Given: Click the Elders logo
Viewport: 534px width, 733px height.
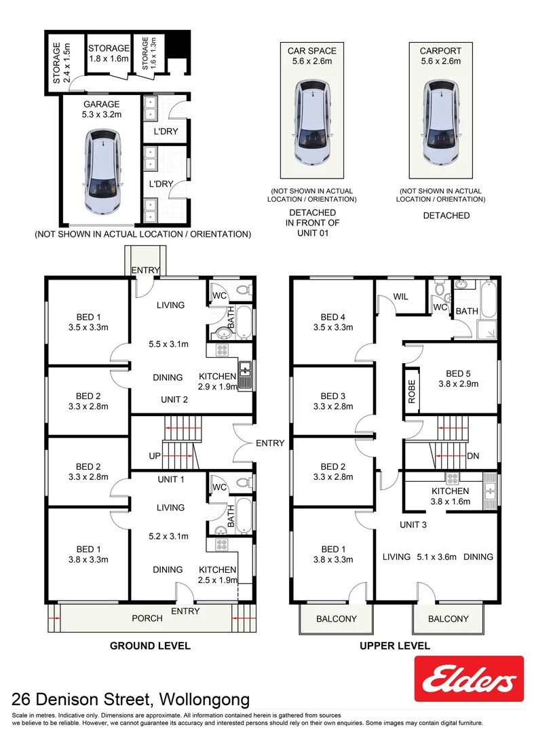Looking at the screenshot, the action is tap(469, 678).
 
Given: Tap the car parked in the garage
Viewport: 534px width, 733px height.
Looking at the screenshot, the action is tap(102, 172).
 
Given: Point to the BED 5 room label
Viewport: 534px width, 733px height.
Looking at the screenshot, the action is tap(458, 373).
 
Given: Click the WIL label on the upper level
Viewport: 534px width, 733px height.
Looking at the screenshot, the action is tap(400, 297).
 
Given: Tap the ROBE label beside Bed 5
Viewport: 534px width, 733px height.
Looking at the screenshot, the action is tap(412, 392).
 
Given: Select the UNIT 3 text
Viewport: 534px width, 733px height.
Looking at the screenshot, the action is tap(413, 525).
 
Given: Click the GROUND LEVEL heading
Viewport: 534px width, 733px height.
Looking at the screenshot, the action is tap(150, 645).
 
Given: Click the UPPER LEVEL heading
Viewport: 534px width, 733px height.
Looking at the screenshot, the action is tap(395, 645).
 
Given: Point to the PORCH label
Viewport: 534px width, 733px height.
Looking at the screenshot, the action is tap(147, 618).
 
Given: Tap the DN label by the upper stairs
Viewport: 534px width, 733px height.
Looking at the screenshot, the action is tap(473, 456).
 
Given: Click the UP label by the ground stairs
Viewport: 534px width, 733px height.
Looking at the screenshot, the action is tap(155, 456).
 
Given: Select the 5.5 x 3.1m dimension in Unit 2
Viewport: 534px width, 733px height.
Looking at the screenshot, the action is tap(169, 344).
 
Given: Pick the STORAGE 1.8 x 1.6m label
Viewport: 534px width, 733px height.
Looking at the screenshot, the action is tap(109, 54).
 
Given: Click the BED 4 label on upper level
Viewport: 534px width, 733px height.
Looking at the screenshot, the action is tap(333, 317).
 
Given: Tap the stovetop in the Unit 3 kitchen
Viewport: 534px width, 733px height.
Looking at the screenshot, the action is tap(453, 478).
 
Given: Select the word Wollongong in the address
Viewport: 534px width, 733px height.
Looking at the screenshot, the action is tap(204, 700).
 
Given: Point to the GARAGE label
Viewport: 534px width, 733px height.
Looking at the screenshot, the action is tap(101, 105).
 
